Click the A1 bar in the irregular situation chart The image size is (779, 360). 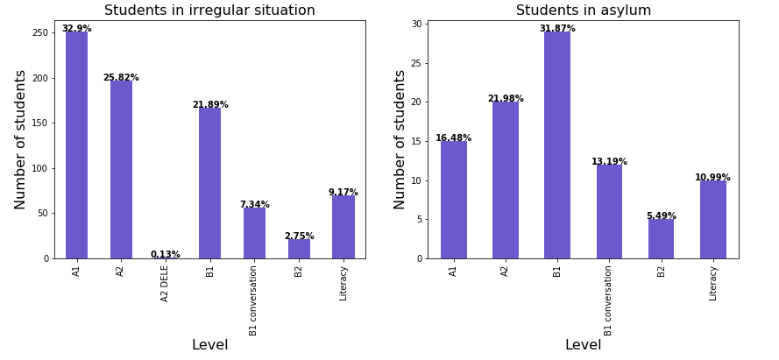76,145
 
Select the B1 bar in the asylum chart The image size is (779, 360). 557,145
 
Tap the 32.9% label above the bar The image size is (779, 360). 76,29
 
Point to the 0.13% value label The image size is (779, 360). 166,255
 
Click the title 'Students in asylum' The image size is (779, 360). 584,11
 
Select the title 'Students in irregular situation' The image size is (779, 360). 209,11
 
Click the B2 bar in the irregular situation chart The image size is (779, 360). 299,249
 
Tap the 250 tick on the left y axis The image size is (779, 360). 40,32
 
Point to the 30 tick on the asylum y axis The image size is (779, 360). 417,24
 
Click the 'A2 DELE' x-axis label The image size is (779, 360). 166,283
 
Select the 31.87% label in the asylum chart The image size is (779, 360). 557,29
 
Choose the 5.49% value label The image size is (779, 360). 662,216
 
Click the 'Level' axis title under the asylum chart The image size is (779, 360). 584,345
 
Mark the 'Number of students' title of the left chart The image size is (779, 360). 22,139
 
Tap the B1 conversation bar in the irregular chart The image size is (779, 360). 254,233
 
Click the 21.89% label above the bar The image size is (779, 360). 210,105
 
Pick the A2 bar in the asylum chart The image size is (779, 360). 506,180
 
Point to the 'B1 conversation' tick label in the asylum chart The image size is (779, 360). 609,300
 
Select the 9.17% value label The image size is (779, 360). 343,193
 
